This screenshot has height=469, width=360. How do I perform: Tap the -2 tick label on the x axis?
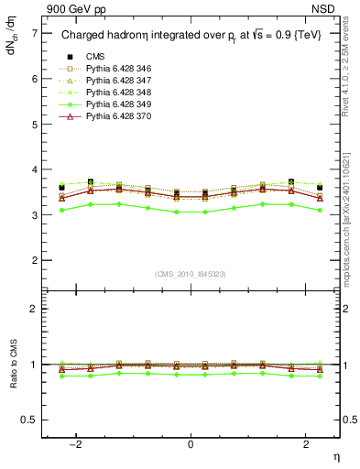click(77, 443)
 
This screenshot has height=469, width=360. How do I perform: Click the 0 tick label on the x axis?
click(191, 443)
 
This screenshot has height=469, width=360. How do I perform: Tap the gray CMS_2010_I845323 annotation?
click(191, 274)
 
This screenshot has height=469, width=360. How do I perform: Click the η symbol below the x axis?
click(335, 455)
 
